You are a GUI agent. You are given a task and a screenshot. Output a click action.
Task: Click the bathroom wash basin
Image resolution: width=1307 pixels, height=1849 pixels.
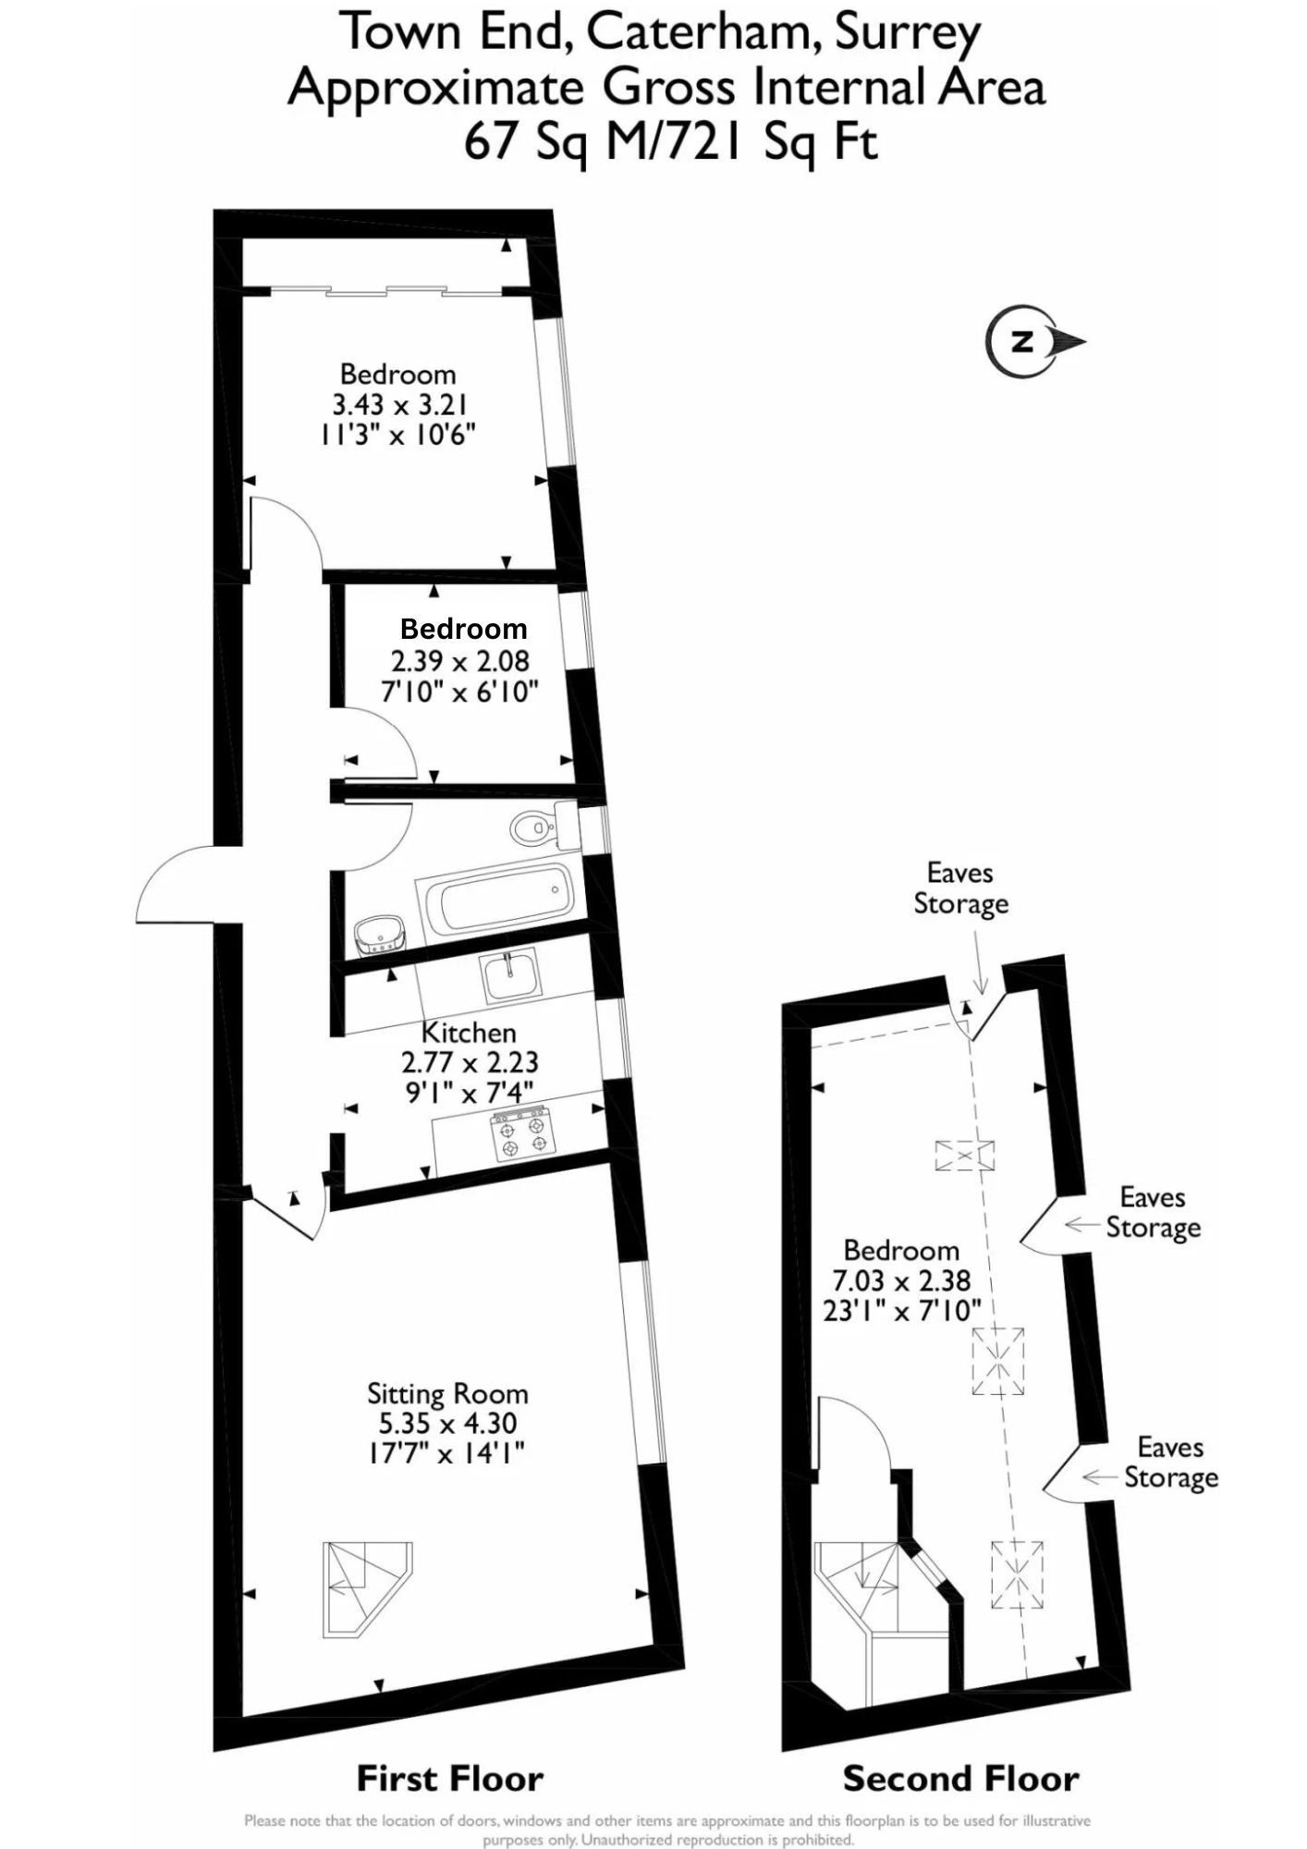tap(379, 936)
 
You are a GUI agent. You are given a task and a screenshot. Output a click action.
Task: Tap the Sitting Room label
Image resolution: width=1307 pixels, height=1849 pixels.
tap(447, 1393)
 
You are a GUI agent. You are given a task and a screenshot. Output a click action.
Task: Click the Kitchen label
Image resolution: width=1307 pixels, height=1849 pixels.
tap(469, 1033)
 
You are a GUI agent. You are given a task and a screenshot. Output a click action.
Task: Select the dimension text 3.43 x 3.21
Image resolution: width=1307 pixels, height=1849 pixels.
tap(400, 404)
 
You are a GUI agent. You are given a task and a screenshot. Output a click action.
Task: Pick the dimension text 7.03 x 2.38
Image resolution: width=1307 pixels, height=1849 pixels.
tap(901, 1280)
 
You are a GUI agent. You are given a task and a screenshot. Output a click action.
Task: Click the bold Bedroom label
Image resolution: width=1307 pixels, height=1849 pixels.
tap(463, 630)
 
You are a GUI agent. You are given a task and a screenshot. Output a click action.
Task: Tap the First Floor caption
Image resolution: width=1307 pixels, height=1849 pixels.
tap(450, 1779)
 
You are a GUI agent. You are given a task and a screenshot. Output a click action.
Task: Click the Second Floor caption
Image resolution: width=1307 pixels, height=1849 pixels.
tap(960, 1779)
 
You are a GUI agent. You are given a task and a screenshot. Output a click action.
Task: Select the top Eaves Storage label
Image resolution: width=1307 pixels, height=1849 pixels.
tap(960, 888)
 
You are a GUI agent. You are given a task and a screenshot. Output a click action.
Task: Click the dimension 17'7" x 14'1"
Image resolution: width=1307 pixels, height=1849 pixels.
tap(446, 1453)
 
